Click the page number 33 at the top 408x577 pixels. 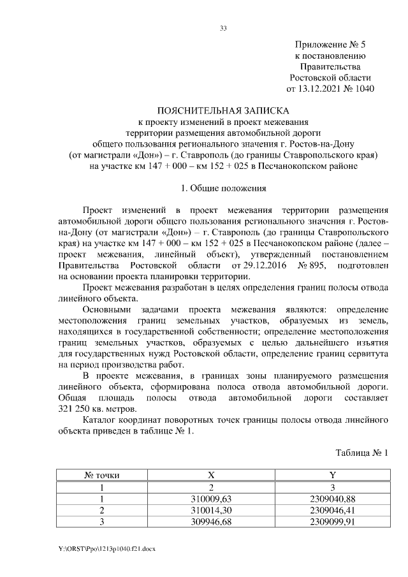[223, 28]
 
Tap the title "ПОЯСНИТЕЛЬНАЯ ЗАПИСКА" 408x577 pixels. [223, 110]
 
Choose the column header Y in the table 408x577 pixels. [332, 474]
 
